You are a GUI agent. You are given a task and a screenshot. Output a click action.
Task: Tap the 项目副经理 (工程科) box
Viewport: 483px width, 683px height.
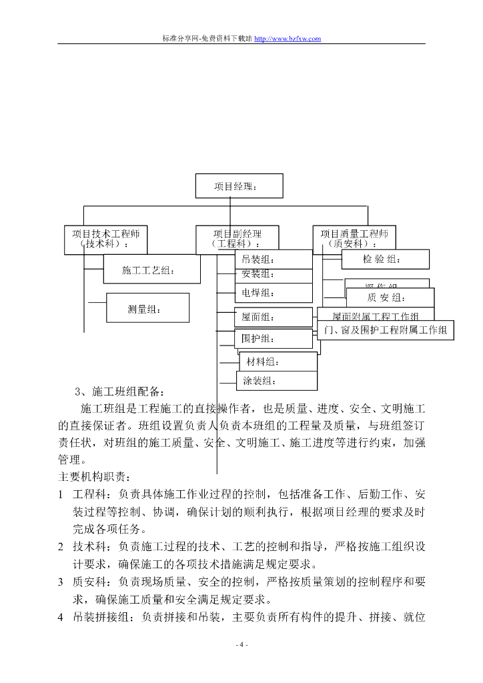point(237,239)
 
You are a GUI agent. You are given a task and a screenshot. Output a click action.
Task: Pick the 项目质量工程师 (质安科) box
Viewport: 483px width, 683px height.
point(354,239)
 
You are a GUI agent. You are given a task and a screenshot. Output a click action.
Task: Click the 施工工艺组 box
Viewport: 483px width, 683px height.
point(151,270)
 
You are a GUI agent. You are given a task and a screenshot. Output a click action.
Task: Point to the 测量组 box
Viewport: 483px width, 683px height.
point(147,308)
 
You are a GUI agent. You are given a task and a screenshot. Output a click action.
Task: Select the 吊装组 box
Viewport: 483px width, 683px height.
point(273,259)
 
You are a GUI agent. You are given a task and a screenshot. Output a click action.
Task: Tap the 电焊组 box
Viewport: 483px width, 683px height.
point(273,293)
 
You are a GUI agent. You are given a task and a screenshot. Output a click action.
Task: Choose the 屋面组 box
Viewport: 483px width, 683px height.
point(273,317)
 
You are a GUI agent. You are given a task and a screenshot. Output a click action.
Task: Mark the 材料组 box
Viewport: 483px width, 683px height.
point(277,362)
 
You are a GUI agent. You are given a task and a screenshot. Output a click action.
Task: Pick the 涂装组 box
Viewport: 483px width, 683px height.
point(276,381)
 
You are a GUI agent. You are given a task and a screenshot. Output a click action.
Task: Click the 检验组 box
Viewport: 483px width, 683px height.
point(385,259)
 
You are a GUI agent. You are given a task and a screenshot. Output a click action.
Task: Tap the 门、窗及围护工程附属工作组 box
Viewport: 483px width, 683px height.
point(386,330)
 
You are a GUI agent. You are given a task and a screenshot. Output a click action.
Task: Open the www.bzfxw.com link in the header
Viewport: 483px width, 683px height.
point(288,39)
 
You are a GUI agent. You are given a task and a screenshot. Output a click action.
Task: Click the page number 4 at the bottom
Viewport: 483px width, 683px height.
point(241,645)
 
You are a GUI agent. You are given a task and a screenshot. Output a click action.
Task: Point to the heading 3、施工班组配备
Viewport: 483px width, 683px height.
point(119,392)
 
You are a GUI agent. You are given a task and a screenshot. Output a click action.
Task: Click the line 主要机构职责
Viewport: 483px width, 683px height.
point(95,477)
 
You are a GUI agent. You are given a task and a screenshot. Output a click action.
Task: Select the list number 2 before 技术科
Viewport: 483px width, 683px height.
point(61,546)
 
